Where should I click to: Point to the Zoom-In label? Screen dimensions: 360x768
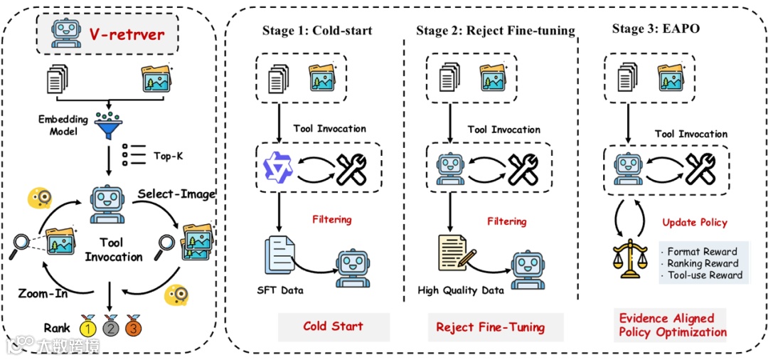(x=42, y=293)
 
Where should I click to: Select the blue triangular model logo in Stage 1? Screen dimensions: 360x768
(x=274, y=169)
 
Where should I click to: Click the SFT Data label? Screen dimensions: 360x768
(x=280, y=290)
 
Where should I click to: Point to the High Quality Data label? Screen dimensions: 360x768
(x=461, y=290)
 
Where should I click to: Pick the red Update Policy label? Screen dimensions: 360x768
(x=695, y=222)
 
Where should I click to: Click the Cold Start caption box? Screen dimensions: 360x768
(x=334, y=327)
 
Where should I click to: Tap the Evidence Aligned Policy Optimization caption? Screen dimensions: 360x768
(x=673, y=325)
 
